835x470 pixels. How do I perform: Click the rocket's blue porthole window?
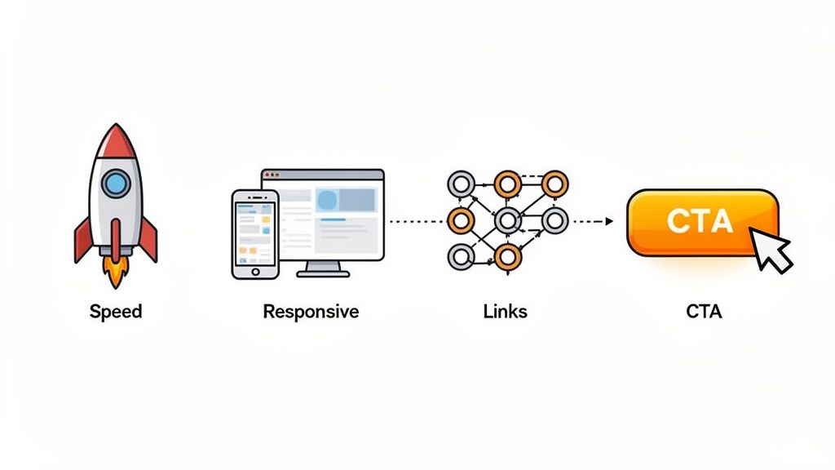click(x=116, y=184)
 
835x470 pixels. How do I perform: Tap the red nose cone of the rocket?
click(x=116, y=142)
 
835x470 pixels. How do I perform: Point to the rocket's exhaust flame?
click(x=117, y=273)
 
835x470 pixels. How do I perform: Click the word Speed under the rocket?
click(x=116, y=312)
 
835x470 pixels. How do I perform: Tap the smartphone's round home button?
click(x=254, y=270)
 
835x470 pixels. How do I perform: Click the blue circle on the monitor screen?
click(x=327, y=200)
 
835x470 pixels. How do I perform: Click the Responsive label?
click(x=311, y=312)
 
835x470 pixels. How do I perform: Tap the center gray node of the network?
click(x=507, y=219)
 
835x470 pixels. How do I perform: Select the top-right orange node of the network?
click(x=554, y=182)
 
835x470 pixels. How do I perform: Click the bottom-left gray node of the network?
click(x=461, y=258)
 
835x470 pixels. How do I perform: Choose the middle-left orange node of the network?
click(x=461, y=219)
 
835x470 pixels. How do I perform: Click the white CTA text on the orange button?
click(x=700, y=220)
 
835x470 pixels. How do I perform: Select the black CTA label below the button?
click(x=704, y=312)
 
